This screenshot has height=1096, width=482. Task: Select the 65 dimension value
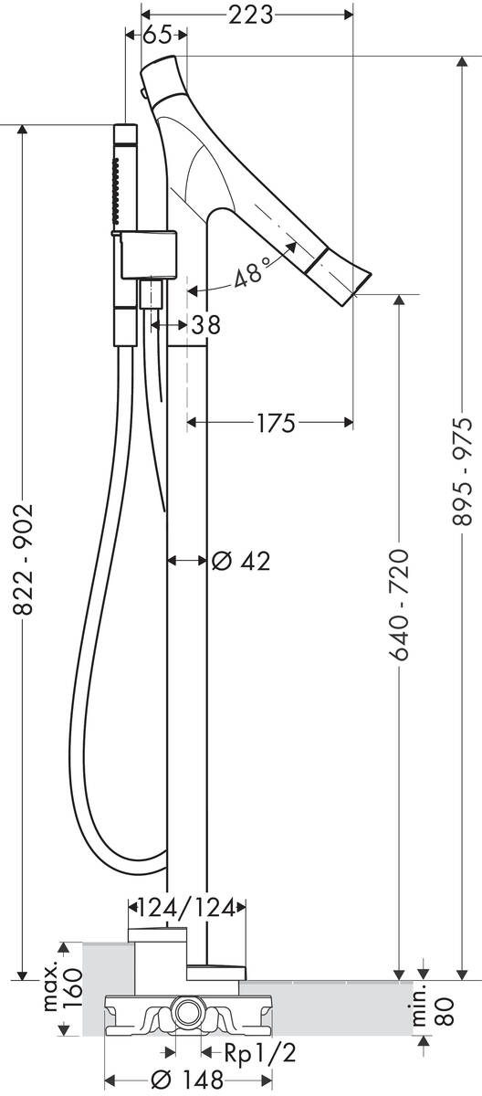[157, 35]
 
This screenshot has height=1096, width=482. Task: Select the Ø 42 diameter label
[242, 560]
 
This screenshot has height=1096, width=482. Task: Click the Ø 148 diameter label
[187, 1079]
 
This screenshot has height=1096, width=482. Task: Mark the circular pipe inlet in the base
[188, 1011]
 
